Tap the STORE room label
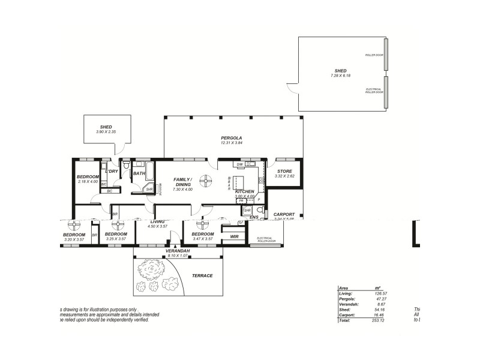(x=284, y=171)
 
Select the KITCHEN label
(x=245, y=191)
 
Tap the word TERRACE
(x=202, y=275)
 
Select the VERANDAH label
(x=178, y=250)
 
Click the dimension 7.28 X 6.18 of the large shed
(x=340, y=76)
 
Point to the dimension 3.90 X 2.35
(x=106, y=131)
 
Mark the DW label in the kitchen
(x=239, y=164)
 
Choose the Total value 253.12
(x=379, y=320)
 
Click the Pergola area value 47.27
(x=379, y=298)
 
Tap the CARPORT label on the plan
(x=284, y=214)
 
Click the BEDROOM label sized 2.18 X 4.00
(x=88, y=176)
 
